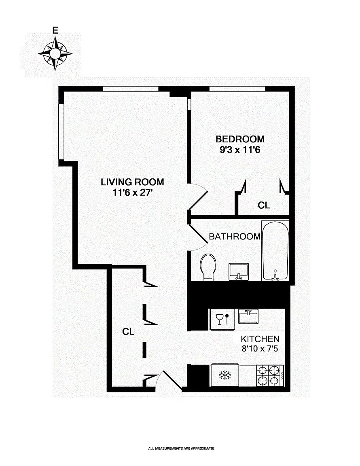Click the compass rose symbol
[x=55, y=53]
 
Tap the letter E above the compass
[x=55, y=30]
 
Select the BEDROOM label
[x=240, y=139]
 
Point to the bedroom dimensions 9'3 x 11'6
[x=240, y=150]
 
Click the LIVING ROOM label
[x=132, y=182]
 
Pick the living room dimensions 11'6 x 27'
[x=132, y=193]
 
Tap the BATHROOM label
[x=234, y=237]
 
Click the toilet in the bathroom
[x=208, y=267]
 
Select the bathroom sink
[x=239, y=271]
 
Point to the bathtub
[x=275, y=251]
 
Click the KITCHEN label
[x=260, y=339]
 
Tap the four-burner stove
[x=270, y=376]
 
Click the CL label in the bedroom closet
[x=264, y=205]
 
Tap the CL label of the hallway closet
[x=128, y=332]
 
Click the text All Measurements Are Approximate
[x=181, y=448]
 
